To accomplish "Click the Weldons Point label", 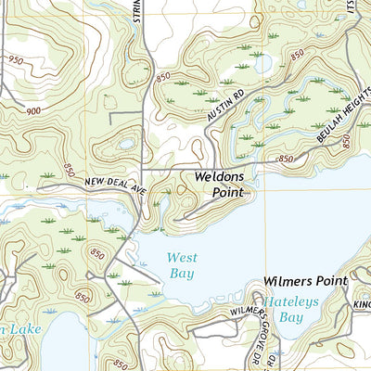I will click(x=219, y=184).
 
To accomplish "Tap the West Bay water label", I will click(x=182, y=266).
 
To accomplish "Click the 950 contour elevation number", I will click(x=15, y=59).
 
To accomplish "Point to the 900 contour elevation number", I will click(x=33, y=109).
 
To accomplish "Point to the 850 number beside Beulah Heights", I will click(x=345, y=141).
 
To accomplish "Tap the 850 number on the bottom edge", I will click(x=119, y=364).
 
